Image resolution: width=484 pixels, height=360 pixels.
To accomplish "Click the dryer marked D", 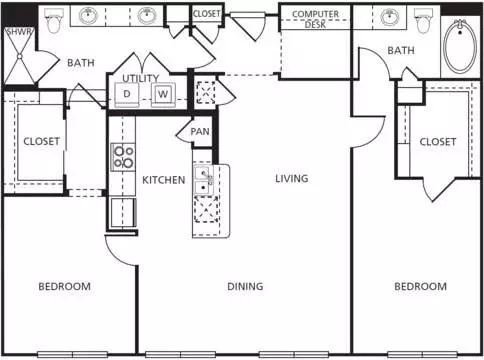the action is click(x=127, y=94).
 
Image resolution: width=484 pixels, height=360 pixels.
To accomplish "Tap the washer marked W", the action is click(x=163, y=94).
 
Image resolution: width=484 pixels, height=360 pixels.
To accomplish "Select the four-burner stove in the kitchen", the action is click(x=123, y=157).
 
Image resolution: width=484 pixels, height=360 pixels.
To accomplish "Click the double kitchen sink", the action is click(x=204, y=180).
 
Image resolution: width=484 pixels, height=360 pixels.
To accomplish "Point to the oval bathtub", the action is click(x=460, y=46).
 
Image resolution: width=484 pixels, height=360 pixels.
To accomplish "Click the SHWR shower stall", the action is click(x=19, y=56).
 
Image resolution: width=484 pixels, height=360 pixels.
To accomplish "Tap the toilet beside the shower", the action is click(x=53, y=21).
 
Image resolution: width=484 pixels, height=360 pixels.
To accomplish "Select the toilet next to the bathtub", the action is click(x=423, y=21).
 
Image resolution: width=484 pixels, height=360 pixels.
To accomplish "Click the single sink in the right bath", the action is click(x=390, y=17).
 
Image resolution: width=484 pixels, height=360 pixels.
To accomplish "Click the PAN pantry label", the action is click(x=200, y=132).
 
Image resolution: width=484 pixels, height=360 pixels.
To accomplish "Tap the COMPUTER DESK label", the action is click(x=315, y=19).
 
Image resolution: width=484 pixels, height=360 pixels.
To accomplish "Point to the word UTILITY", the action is click(x=141, y=78).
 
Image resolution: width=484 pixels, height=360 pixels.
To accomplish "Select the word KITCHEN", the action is click(x=164, y=180).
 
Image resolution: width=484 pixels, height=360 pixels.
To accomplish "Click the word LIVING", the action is click(x=292, y=179).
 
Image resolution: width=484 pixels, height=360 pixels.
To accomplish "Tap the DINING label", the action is click(x=245, y=286).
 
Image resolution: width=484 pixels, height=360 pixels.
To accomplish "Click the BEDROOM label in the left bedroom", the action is click(x=65, y=286).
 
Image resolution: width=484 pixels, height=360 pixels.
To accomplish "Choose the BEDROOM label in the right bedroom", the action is click(x=421, y=286).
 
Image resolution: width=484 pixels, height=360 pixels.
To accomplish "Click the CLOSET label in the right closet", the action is click(x=438, y=142).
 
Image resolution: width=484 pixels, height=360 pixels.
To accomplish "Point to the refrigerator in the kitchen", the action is click(x=123, y=213).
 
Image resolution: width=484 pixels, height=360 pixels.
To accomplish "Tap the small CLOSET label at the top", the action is click(x=206, y=14).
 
